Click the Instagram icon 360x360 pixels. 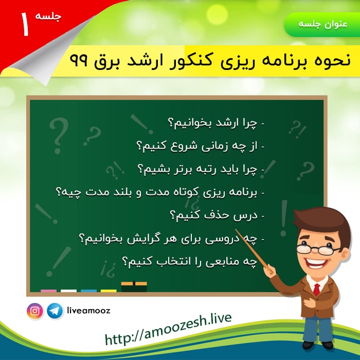pyautogui.click(x=35, y=311)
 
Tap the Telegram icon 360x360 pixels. pyautogui.click(x=55, y=311)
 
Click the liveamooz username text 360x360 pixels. pyautogui.click(x=88, y=311)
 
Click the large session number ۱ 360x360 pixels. pyautogui.click(x=25, y=24)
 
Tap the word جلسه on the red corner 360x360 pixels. pyautogui.click(x=48, y=16)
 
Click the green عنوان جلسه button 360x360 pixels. pyautogui.click(x=322, y=25)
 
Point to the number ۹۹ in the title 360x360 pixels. pyautogui.click(x=79, y=61)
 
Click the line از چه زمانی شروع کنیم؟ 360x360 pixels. pyautogui.click(x=200, y=146)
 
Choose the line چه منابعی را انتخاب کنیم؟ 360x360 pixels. pyautogui.click(x=189, y=262)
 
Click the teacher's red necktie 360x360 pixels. pyautogui.click(x=317, y=290)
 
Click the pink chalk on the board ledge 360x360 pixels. pyautogui.click(x=48, y=291)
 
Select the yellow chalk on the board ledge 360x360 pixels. pyautogui.click(x=109, y=291)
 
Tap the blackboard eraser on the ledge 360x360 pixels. pyautogui.click(x=134, y=287)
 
